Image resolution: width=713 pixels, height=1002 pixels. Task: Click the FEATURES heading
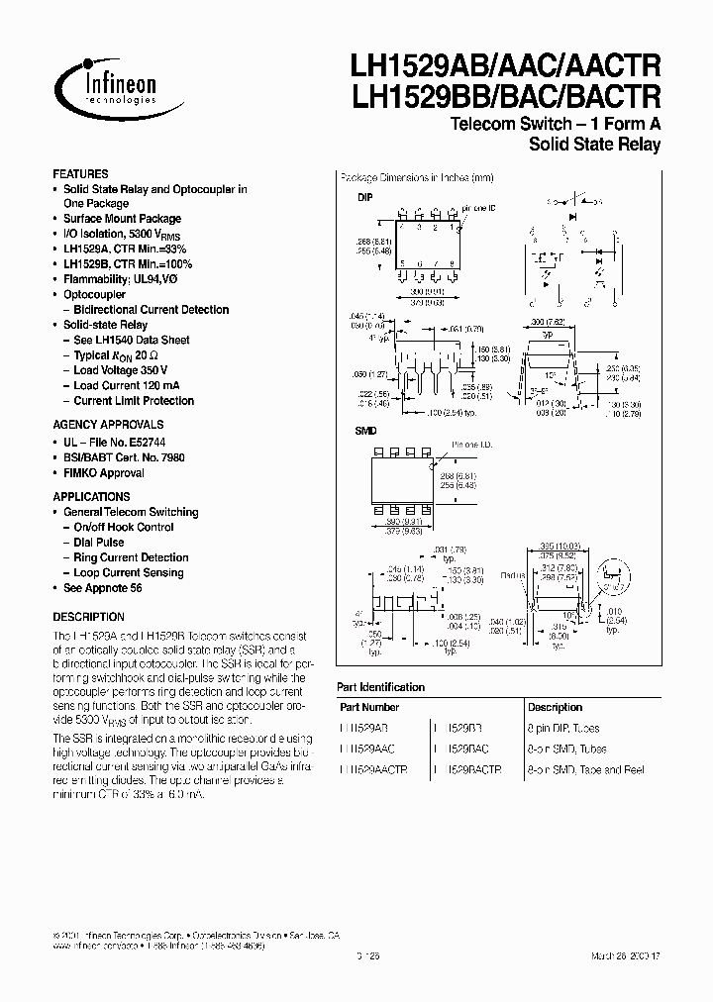coord(80,173)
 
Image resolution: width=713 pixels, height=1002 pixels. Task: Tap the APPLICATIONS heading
coord(91,497)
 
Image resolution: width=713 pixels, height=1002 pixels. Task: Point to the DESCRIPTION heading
coord(88,616)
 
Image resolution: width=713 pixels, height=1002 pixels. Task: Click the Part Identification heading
coord(381,687)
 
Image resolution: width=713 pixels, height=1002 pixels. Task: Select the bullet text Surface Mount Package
coord(122,219)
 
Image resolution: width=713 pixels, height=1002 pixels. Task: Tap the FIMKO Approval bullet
coord(104,473)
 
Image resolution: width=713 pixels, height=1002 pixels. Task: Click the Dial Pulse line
coord(99,543)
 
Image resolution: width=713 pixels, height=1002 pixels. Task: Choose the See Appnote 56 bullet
coord(103,588)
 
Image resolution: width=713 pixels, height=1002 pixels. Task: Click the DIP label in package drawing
coord(363,197)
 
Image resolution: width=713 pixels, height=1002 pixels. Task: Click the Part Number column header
coord(369,708)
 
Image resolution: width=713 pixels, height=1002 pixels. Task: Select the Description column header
coord(555,708)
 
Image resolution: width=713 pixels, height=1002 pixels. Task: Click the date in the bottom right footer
coord(632,954)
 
